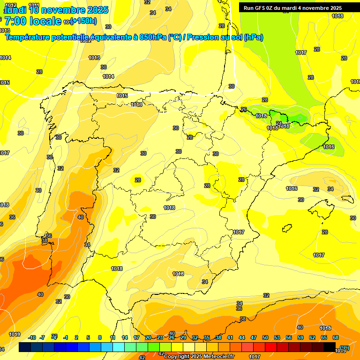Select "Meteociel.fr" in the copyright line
[217, 356]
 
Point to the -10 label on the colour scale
[32, 337]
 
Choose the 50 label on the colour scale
[265, 337]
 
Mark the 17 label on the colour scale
[136, 337]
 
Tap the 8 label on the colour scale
[100, 337]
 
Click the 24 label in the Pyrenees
[279, 123]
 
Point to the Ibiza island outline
[287, 228]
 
